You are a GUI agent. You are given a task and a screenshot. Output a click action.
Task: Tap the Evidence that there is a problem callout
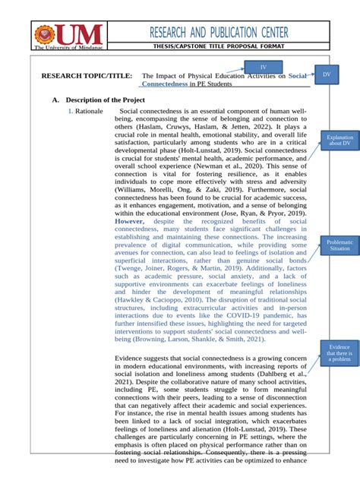coord(335,353)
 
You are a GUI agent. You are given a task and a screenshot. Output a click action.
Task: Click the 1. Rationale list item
coord(84,112)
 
